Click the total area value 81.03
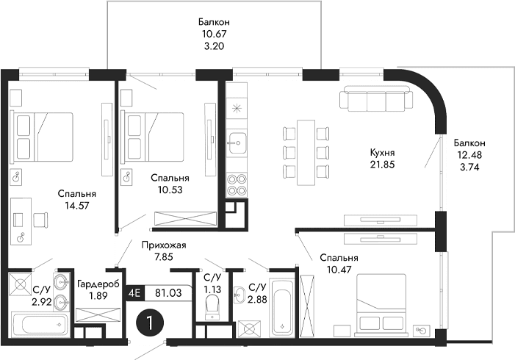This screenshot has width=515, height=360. (x=168, y=292)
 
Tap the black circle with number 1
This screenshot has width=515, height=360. (x=150, y=323)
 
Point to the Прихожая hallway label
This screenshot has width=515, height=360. (x=163, y=245)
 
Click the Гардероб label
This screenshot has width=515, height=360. (x=93, y=284)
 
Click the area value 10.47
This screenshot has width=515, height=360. (x=339, y=270)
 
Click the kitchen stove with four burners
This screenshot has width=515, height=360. (x=237, y=183)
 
